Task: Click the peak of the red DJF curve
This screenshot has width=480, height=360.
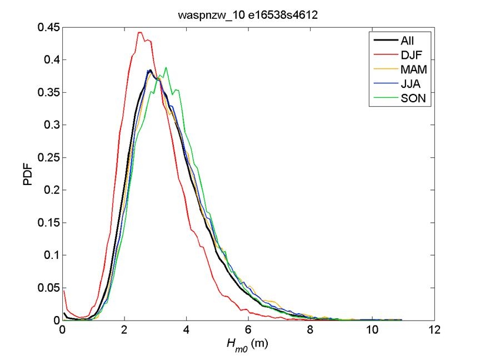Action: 140,32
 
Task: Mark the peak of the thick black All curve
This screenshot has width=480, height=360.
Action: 150,71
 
